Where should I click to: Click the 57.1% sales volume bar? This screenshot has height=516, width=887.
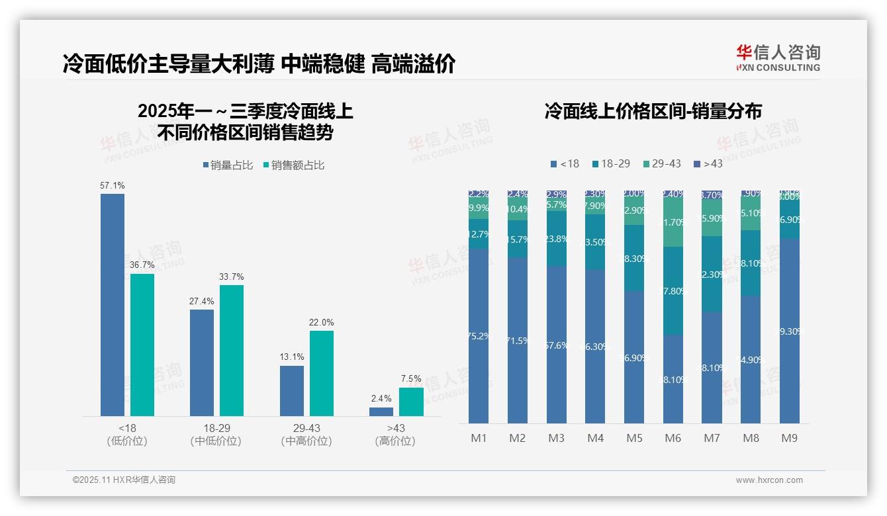(112, 304)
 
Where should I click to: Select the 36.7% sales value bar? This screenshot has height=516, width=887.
(142, 345)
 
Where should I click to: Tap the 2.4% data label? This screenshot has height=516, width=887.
(381, 398)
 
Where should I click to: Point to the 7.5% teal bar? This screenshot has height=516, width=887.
(411, 402)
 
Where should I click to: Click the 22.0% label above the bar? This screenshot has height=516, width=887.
(322, 322)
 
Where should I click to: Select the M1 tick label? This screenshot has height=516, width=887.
(479, 439)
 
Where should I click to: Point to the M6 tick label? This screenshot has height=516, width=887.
(673, 439)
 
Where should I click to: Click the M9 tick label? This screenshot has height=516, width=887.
(790, 439)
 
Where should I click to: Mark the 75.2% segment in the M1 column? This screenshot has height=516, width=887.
(479, 336)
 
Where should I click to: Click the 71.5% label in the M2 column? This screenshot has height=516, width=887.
(518, 341)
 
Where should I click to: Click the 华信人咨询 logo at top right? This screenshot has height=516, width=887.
(778, 57)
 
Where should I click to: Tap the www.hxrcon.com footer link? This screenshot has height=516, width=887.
(769, 480)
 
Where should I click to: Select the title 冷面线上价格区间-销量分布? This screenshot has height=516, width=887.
(653, 111)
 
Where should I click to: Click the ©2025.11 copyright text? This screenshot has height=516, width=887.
(124, 480)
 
